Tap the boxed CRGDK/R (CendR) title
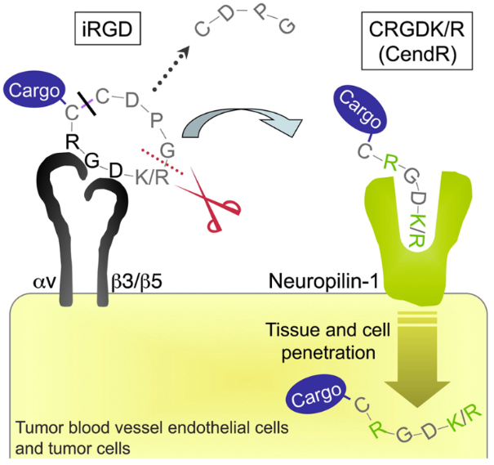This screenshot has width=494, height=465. [407, 43]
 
